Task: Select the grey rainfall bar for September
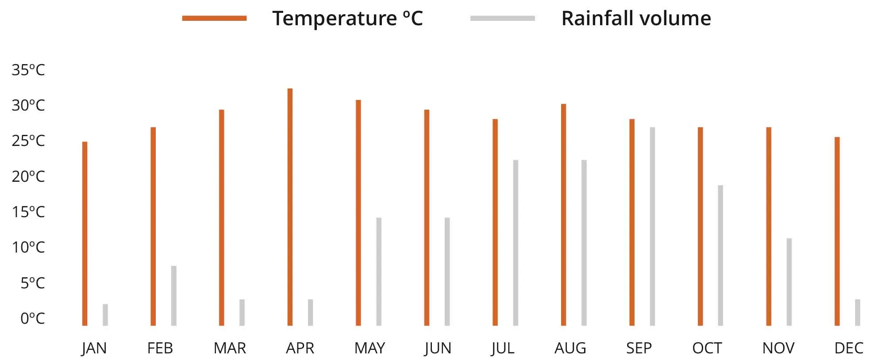652,226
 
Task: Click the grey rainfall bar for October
720,255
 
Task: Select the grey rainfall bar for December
858,312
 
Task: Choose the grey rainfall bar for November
789,282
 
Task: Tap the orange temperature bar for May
358,213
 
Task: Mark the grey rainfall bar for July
516,243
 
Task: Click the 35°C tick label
28,70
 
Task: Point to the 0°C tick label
32,318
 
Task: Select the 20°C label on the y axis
28,176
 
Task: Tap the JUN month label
438,349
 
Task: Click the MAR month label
230,349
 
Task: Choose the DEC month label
848,349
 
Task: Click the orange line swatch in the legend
215,18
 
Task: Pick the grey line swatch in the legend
503,18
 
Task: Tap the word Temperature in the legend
335,19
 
